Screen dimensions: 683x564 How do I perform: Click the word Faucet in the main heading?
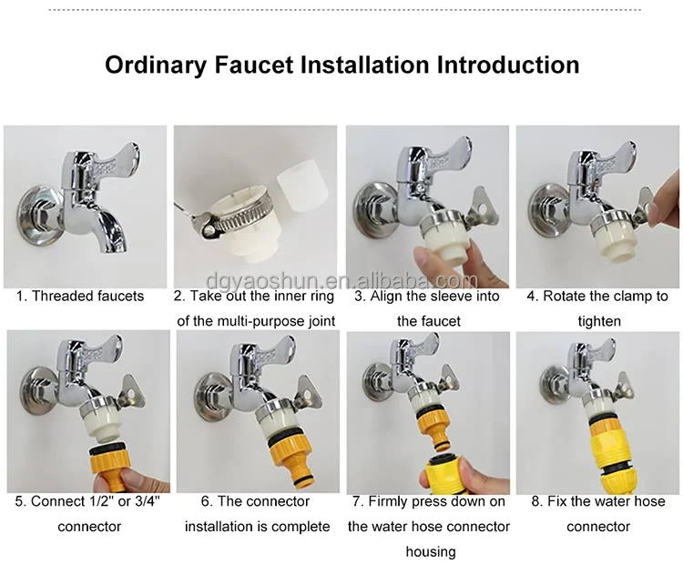tap(253, 65)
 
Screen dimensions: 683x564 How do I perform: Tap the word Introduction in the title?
tap(508, 65)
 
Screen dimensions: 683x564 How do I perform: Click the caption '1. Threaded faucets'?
tap(80, 296)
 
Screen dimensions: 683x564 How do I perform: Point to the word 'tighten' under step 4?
tap(599, 322)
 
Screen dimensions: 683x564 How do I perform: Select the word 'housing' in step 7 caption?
tap(431, 552)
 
